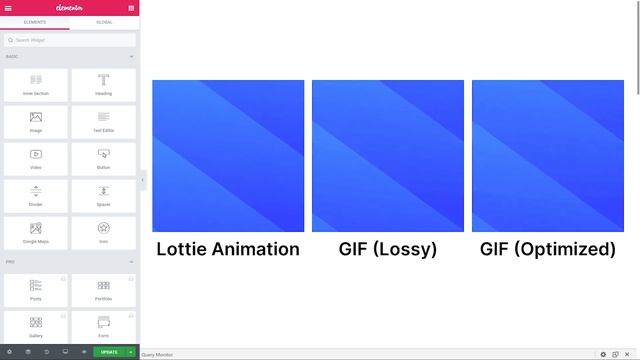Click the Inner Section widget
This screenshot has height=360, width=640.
pyautogui.click(x=36, y=84)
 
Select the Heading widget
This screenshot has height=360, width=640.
pyautogui.click(x=104, y=84)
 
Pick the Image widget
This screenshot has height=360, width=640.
pyautogui.click(x=36, y=121)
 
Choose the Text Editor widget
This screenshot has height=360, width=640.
pyautogui.click(x=104, y=121)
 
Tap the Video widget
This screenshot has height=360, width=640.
pyautogui.click(x=36, y=158)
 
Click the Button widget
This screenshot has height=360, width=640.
pyautogui.click(x=104, y=158)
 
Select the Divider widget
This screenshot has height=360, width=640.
pyautogui.click(x=36, y=195)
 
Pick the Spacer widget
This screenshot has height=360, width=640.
pyautogui.click(x=104, y=195)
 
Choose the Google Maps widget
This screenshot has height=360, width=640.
pyautogui.click(x=36, y=232)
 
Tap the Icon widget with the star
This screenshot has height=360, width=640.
pyautogui.click(x=104, y=232)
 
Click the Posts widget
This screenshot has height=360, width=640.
pyautogui.click(x=36, y=289)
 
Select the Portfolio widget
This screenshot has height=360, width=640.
pyautogui.click(x=104, y=289)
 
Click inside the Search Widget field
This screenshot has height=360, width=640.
pyautogui.click(x=70, y=40)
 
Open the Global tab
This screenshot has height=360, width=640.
pyautogui.click(x=104, y=21)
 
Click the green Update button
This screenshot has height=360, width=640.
pyautogui.click(x=109, y=352)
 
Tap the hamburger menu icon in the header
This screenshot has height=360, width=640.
pyautogui.click(x=8, y=7)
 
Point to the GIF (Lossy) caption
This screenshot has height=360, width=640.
pyautogui.click(x=388, y=249)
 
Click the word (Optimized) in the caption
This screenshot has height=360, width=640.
pyautogui.click(x=567, y=249)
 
